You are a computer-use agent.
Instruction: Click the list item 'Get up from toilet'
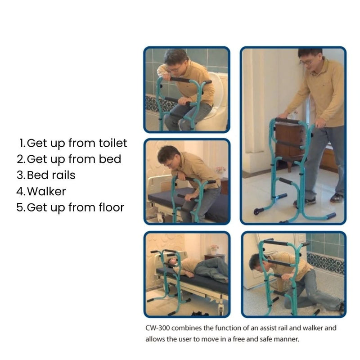click(77, 143)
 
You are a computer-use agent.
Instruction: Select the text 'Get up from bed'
click(74, 159)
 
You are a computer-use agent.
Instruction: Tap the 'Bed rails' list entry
click(51, 175)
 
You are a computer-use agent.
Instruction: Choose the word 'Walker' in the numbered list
click(46, 191)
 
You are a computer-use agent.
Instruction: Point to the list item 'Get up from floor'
click(75, 207)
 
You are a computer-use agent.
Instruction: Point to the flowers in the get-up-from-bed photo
click(220, 171)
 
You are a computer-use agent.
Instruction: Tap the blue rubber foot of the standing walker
click(331, 216)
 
